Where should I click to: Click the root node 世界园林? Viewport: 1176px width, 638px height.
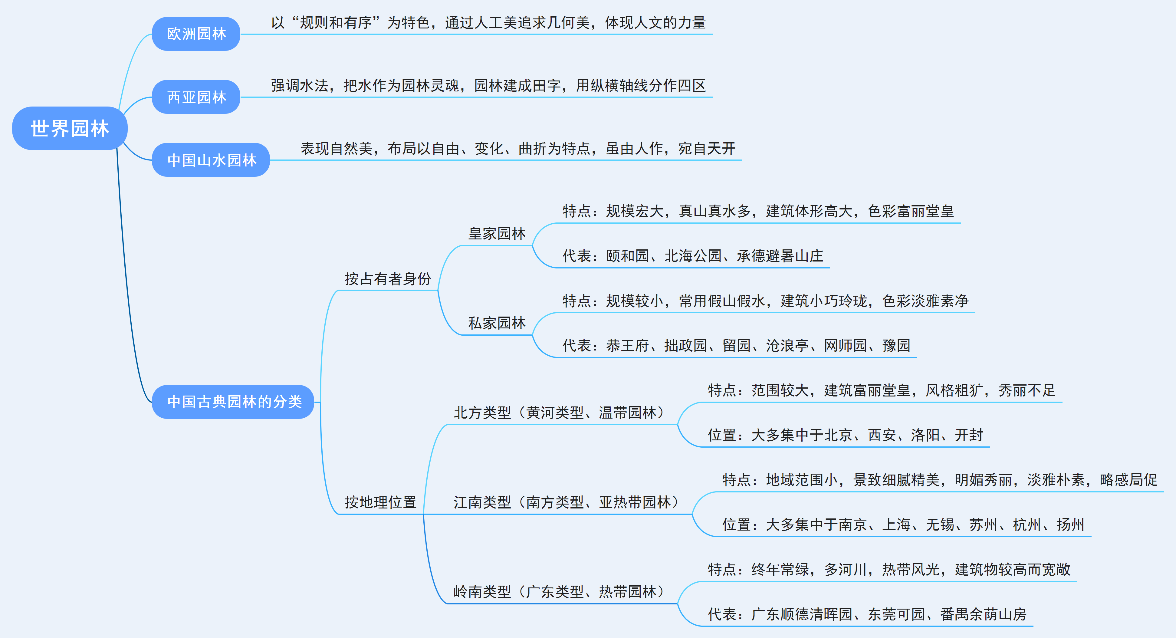click(x=69, y=128)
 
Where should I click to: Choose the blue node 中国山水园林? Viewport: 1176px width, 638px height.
click(x=211, y=160)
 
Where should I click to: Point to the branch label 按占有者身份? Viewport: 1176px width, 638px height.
click(x=388, y=278)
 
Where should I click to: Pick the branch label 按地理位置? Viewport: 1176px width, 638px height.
click(x=380, y=502)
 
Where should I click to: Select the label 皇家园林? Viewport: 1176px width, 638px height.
click(x=497, y=233)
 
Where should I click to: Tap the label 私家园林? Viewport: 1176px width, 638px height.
click(x=497, y=323)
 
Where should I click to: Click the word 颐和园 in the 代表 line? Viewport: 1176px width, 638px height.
click(x=627, y=256)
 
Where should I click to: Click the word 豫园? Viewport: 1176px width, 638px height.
click(x=896, y=345)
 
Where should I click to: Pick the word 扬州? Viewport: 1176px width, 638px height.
click(x=1070, y=524)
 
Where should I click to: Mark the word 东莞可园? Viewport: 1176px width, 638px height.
click(x=896, y=614)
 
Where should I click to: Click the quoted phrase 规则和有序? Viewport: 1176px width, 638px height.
click(x=336, y=22)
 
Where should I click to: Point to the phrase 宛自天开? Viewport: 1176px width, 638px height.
click(x=707, y=148)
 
